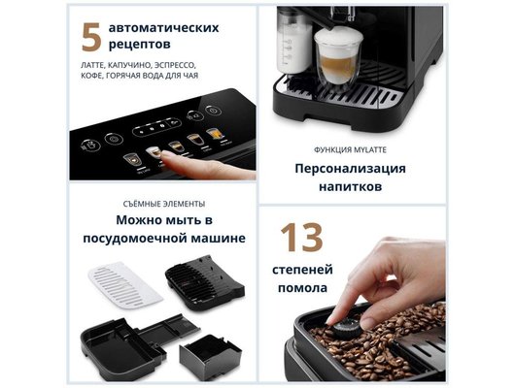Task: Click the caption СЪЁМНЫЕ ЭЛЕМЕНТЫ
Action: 163,204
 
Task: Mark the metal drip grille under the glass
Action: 369,96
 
